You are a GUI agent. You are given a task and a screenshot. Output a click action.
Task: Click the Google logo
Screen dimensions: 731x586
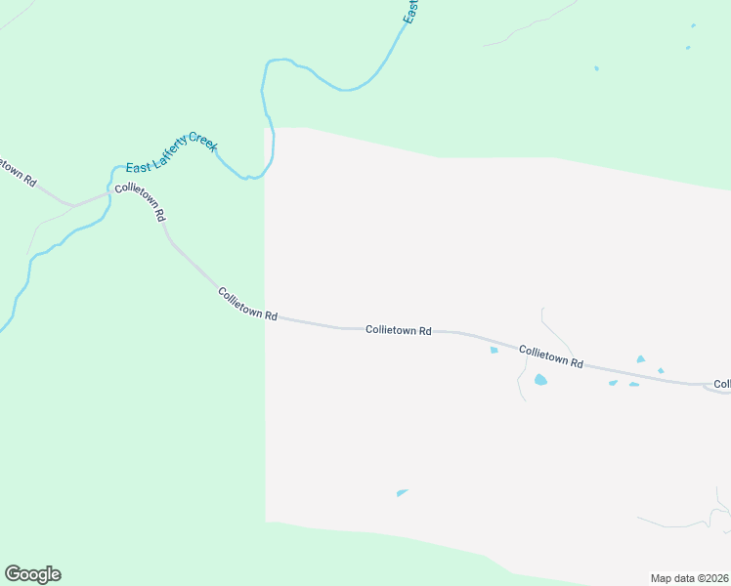tap(32, 574)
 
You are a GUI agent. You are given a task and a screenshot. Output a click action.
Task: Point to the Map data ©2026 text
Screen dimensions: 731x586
tap(688, 577)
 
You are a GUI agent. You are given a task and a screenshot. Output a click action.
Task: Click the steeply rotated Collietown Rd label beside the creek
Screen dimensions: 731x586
tap(140, 202)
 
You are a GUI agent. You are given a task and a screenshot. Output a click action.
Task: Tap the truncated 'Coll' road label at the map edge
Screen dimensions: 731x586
tap(722, 384)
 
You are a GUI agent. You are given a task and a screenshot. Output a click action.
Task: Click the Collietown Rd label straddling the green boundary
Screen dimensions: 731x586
tap(248, 305)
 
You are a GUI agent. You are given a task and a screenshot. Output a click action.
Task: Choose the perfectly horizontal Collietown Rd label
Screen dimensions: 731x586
tap(399, 331)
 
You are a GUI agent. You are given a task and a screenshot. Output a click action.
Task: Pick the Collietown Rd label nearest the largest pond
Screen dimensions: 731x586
tap(551, 356)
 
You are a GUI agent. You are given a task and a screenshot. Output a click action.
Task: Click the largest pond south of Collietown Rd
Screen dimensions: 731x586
tap(540, 380)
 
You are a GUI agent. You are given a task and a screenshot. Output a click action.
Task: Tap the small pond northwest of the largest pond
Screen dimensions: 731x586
tap(494, 350)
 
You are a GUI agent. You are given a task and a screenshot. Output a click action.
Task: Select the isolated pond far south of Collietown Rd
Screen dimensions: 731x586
tap(402, 492)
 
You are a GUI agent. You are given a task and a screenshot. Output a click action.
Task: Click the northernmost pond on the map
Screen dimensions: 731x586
tap(694, 25)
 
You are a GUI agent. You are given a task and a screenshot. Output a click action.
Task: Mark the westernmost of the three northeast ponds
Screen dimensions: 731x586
tap(596, 68)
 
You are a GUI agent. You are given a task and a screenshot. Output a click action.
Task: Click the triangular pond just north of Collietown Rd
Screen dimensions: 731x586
tap(641, 359)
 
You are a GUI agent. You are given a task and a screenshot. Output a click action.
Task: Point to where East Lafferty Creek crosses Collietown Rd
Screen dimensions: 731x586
tap(109, 191)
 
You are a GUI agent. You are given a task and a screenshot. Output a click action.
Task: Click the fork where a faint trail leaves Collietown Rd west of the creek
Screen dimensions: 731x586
tap(71, 205)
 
